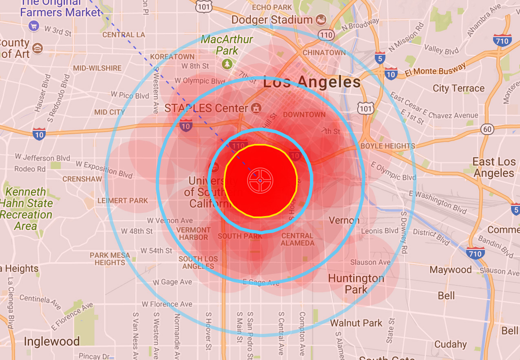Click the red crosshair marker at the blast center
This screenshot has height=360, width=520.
point(260,180)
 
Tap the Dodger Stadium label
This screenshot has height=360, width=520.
point(272,20)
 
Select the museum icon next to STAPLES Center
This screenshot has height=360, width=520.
point(256,108)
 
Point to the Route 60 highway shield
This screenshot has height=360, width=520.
point(487,129)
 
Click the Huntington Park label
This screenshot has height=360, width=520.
point(356,284)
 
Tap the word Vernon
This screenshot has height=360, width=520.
point(344,221)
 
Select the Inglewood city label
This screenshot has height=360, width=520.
point(51,341)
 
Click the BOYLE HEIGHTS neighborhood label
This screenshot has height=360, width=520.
point(387,146)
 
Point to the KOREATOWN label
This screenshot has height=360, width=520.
point(172,57)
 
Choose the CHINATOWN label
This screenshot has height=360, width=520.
point(324,53)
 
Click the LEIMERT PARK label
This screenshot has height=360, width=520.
point(123,201)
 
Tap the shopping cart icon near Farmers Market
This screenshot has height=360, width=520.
point(34,27)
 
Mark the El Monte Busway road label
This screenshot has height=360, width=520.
point(435,70)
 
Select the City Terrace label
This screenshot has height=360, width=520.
point(458,88)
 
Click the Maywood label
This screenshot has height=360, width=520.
point(450,269)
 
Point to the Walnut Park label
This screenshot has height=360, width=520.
point(356,323)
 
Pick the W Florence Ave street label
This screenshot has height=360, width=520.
point(167,304)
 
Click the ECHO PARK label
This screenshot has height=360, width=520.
point(272,7)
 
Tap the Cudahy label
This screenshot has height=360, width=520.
point(450,344)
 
